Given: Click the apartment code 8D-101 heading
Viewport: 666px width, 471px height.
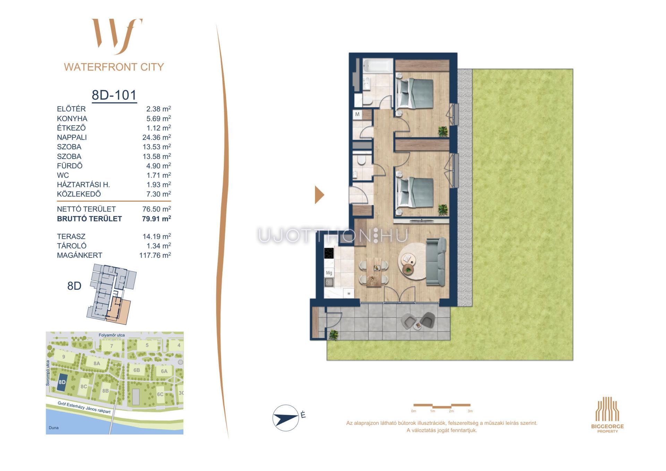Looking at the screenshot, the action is pos(114,95).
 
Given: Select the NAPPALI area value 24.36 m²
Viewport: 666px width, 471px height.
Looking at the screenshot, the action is pos(156,137).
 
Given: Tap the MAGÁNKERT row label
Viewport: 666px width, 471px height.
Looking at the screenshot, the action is pos(79,255).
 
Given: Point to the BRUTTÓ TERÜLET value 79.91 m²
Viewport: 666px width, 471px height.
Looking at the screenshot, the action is pos(156,219).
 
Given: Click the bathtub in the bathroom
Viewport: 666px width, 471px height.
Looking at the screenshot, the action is pos(378,66).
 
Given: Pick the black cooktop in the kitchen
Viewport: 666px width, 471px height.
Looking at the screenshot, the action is pos(329,253).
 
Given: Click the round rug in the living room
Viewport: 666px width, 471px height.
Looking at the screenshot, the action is pos(413,261).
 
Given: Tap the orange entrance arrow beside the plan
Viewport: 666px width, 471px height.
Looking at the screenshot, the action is pos(319,195).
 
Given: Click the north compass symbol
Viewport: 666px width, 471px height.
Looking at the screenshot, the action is pos(286,418).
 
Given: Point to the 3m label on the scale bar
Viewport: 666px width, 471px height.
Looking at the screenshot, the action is pos(470,411).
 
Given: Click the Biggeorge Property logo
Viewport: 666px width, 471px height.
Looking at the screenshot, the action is pos(607,415).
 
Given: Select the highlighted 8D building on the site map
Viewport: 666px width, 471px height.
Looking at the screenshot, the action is pos(62,382).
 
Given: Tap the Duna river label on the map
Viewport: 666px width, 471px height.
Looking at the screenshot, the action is pos(54,428).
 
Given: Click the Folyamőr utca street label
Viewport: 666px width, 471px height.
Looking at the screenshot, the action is pos(112,335).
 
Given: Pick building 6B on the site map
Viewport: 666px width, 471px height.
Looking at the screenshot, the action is pos(137,370).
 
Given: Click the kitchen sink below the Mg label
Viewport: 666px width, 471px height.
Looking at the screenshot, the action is pos(329,283).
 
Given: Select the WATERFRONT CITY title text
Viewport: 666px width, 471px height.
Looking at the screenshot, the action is pos(114,67).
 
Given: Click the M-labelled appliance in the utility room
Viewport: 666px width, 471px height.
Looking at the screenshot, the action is pos(357,115).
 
